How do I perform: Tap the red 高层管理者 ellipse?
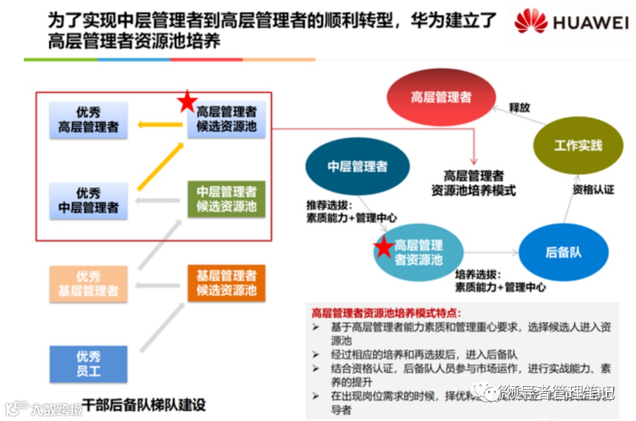pos(441,97)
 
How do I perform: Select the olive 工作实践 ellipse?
pos(578,145)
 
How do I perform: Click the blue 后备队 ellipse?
pos(564,252)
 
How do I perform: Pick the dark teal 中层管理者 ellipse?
pos(357,167)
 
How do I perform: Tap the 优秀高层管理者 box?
pos(88,120)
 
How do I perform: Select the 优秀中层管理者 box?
pos(88,200)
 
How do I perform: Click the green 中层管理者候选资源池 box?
pos(227,199)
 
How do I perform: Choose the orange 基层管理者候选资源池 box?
pos(227,283)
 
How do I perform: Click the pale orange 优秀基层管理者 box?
pos(88,283)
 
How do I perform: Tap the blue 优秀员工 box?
pos(88,364)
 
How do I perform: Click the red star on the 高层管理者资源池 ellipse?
pos(383,247)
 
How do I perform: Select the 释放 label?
pos(519,108)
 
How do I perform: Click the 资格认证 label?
pos(593,190)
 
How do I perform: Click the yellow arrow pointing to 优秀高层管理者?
pos(160,124)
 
